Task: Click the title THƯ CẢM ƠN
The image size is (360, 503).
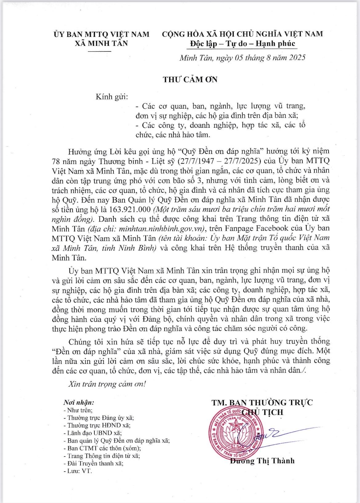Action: (190, 79)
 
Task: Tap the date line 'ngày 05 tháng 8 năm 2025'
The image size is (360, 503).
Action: (259, 58)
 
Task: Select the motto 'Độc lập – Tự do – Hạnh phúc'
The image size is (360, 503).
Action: (242, 43)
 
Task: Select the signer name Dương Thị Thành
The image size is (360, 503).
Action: (262, 461)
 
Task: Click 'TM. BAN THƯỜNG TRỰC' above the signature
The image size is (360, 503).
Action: (262, 402)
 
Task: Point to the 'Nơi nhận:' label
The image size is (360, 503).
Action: (78, 403)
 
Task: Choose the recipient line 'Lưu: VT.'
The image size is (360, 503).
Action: (78, 471)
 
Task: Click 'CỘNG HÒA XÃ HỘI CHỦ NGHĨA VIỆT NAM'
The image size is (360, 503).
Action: (242, 34)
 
